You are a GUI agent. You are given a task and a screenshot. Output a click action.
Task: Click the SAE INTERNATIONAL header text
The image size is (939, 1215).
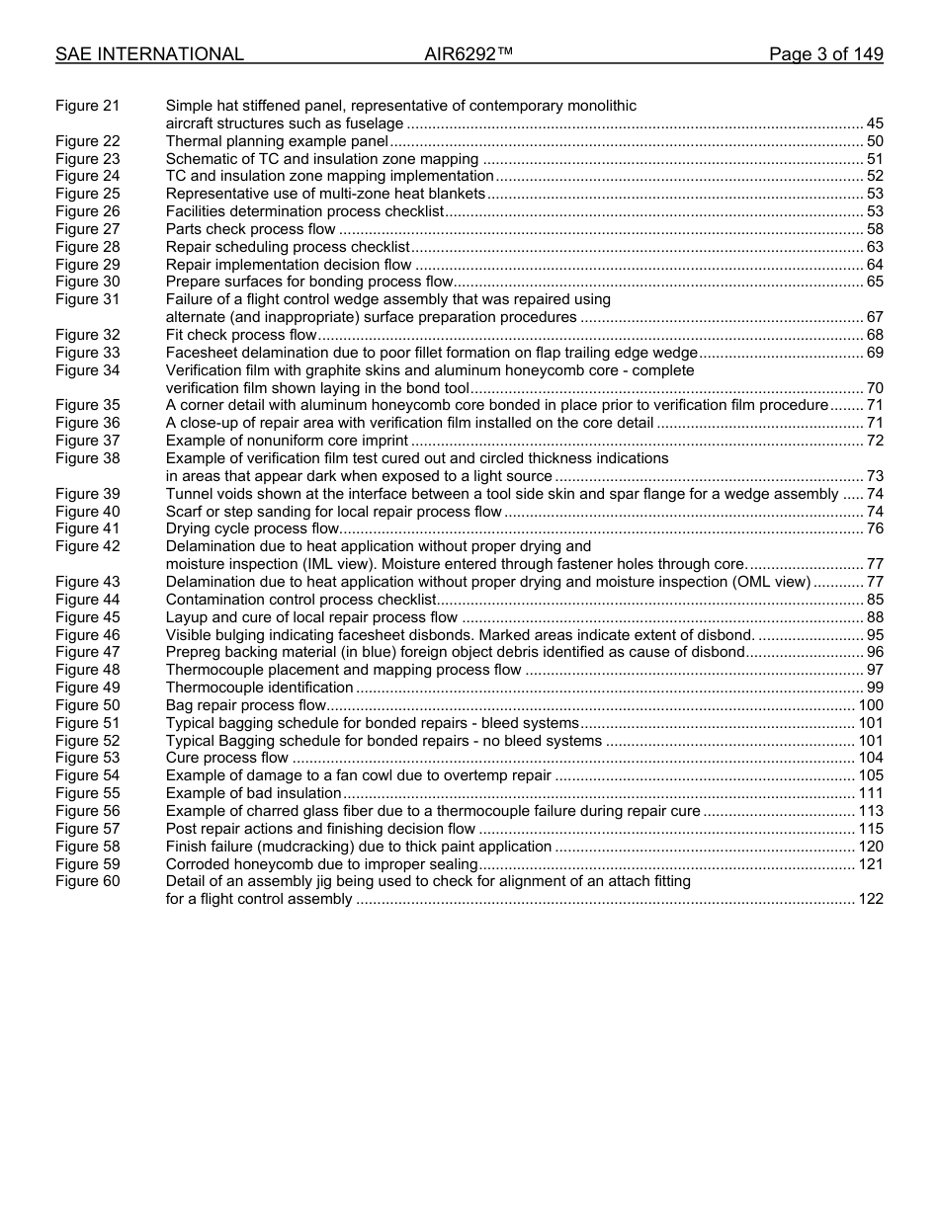149,54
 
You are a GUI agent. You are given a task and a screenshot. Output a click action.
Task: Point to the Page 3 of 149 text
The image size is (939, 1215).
825,54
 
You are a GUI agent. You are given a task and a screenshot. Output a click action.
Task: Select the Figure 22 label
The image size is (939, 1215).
87,141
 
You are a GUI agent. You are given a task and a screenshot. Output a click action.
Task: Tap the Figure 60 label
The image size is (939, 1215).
87,881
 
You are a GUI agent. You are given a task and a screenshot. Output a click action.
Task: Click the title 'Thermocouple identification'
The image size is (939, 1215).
259,688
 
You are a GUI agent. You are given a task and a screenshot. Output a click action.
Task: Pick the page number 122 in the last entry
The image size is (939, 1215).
871,899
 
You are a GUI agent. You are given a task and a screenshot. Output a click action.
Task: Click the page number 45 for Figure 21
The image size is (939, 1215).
875,123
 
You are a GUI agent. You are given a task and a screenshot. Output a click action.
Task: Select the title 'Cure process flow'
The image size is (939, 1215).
226,758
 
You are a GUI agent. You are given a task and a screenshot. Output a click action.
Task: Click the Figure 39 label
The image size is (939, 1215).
87,494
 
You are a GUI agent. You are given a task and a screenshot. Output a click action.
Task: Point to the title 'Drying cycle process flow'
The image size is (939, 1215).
252,528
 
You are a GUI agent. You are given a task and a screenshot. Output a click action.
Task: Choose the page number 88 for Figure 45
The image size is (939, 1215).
875,617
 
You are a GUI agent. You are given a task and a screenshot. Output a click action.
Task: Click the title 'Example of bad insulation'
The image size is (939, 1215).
253,793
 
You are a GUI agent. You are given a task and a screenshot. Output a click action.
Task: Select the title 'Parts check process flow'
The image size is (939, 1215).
250,229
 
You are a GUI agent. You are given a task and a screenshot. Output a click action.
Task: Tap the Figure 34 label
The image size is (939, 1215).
87,370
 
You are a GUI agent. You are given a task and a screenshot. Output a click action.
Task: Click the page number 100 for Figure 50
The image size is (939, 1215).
871,705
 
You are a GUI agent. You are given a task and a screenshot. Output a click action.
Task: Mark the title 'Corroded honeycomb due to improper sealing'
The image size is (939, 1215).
321,864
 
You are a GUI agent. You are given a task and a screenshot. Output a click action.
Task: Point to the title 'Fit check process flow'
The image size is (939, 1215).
241,335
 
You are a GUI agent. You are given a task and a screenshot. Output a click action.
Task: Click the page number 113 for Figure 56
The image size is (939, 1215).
871,811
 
